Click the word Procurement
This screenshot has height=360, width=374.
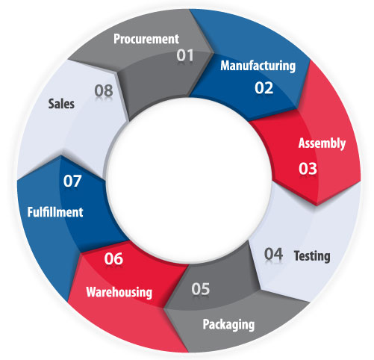tap(146, 39)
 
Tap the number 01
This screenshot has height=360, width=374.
tap(185, 55)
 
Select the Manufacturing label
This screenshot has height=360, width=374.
tap(258, 66)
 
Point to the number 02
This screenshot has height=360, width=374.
tap(264, 88)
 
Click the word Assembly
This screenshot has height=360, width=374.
tap(322, 143)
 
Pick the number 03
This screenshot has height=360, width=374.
tap(308, 169)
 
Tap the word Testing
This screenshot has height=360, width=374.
tap(312, 256)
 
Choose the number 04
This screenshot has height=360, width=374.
tap(273, 254)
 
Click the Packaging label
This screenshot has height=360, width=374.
tap(228, 325)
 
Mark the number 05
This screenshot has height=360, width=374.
tap(201, 289)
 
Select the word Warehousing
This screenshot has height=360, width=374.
tap(119, 292)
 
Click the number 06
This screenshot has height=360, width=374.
tap(113, 258)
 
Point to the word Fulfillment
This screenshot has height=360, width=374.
tap(55, 212)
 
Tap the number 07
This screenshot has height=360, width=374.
tap(72, 181)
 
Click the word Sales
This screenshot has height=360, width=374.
tap(61, 104)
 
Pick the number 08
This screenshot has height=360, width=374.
tap(104, 90)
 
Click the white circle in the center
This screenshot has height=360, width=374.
tap(189, 180)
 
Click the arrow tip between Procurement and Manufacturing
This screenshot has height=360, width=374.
tap(214, 53)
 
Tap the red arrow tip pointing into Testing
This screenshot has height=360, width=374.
tap(317, 205)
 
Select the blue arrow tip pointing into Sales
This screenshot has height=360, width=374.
tap(61, 156)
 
